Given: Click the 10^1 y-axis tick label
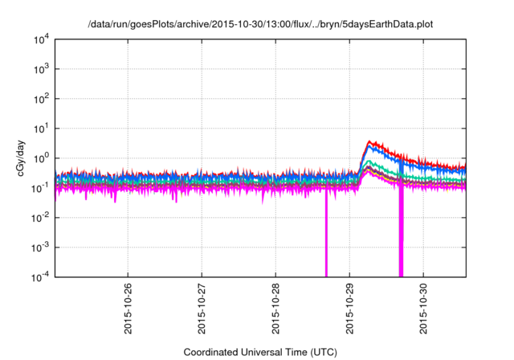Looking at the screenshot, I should [39, 128].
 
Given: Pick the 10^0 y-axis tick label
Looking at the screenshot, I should [39, 157].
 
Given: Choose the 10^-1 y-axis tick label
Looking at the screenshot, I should [39, 187].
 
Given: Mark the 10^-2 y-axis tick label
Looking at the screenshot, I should [39, 217].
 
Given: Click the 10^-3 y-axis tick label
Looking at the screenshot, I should [39, 247].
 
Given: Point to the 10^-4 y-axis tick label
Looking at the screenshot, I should [39, 276].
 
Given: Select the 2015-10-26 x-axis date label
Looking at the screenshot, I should [128, 307].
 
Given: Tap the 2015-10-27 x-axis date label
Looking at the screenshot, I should [202, 307].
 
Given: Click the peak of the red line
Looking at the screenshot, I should [369, 141].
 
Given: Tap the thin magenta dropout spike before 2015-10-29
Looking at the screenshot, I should [326, 241].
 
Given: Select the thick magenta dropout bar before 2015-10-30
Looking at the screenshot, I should [401, 241].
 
